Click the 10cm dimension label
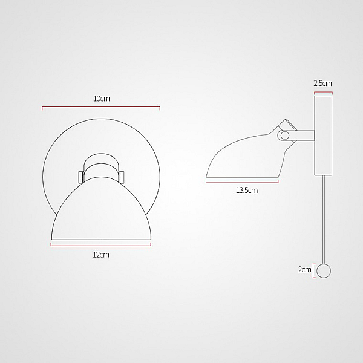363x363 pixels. click(x=102, y=99)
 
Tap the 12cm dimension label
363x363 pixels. click(x=101, y=255)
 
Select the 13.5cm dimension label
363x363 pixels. click(x=247, y=191)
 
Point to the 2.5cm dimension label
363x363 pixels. click(x=322, y=83)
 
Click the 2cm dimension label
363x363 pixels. click(x=305, y=269)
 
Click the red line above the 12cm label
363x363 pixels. click(x=101, y=245)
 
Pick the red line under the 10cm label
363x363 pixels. click(x=101, y=107)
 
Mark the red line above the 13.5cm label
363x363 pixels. click(x=242, y=183)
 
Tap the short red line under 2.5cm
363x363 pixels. click(x=323, y=93)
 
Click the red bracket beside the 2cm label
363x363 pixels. click(x=313, y=271)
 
